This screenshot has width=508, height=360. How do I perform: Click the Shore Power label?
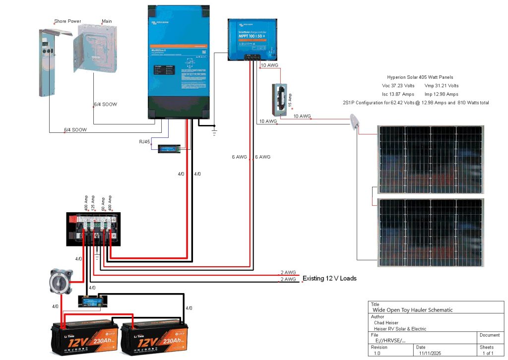pos(67,22)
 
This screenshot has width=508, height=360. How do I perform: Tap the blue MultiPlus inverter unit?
pos(179,62)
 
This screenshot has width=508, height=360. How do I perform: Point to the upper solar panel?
pos(430,160)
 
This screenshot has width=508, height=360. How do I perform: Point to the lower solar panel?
pos(430,233)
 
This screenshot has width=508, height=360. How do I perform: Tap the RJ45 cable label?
pos(145,142)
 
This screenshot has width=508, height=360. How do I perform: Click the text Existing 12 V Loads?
pos(329,279)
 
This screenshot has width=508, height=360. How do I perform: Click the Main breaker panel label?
pos(107,22)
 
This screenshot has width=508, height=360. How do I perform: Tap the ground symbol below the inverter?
pos(214,132)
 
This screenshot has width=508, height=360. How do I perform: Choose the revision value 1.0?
pos(377,354)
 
